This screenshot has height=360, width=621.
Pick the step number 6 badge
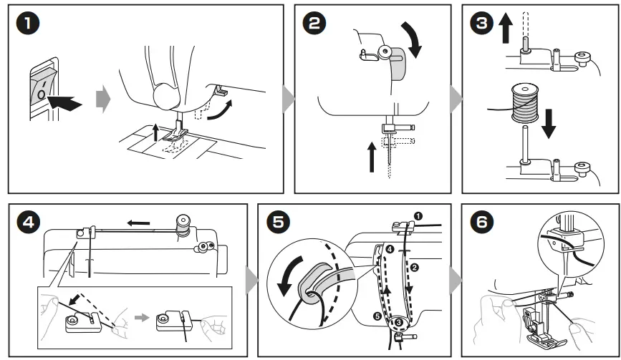(x=481, y=223)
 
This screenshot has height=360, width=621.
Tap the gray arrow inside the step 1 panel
(x=104, y=99)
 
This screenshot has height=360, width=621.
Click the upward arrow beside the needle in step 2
(x=371, y=156)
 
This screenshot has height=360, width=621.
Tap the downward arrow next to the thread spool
(x=548, y=122)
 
